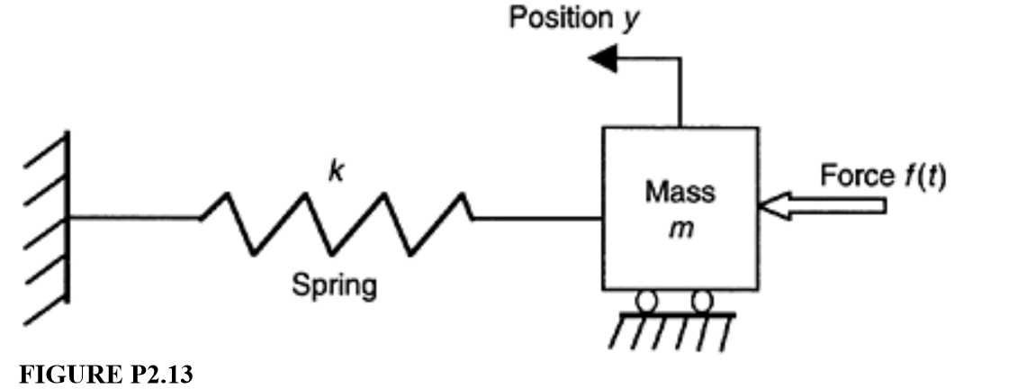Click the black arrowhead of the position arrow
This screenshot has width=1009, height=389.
[x=601, y=60]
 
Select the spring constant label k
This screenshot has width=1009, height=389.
[x=335, y=172]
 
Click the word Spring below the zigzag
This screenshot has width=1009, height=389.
[x=334, y=286]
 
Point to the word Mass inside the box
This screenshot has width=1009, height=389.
[x=680, y=193]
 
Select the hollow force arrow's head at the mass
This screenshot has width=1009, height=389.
[x=770, y=206]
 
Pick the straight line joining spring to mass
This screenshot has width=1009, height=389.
[x=536, y=218]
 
